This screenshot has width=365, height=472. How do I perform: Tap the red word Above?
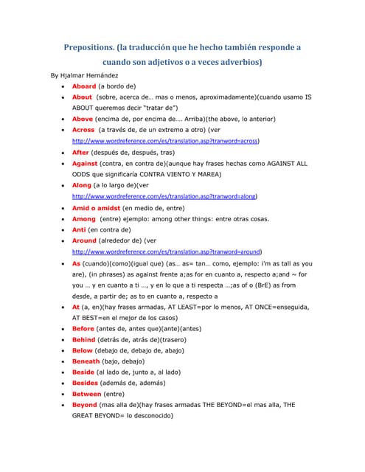click(83, 118)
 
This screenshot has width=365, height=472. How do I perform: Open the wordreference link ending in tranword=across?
click(165, 140)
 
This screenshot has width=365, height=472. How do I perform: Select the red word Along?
click(82, 185)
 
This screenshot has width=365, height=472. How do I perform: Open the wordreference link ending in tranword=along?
click(164, 197)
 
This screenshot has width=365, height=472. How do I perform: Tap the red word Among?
click(84, 218)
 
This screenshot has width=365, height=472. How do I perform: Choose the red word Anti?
click(79, 229)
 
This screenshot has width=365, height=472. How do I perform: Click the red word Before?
click(83, 328)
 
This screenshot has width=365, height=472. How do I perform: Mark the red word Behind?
click(84, 339)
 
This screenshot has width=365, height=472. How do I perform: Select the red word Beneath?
click(86, 361)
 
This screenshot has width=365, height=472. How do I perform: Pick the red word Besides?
click(86, 383)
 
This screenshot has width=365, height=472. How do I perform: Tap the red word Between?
click(87, 394)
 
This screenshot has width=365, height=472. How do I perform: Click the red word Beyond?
click(85, 405)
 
